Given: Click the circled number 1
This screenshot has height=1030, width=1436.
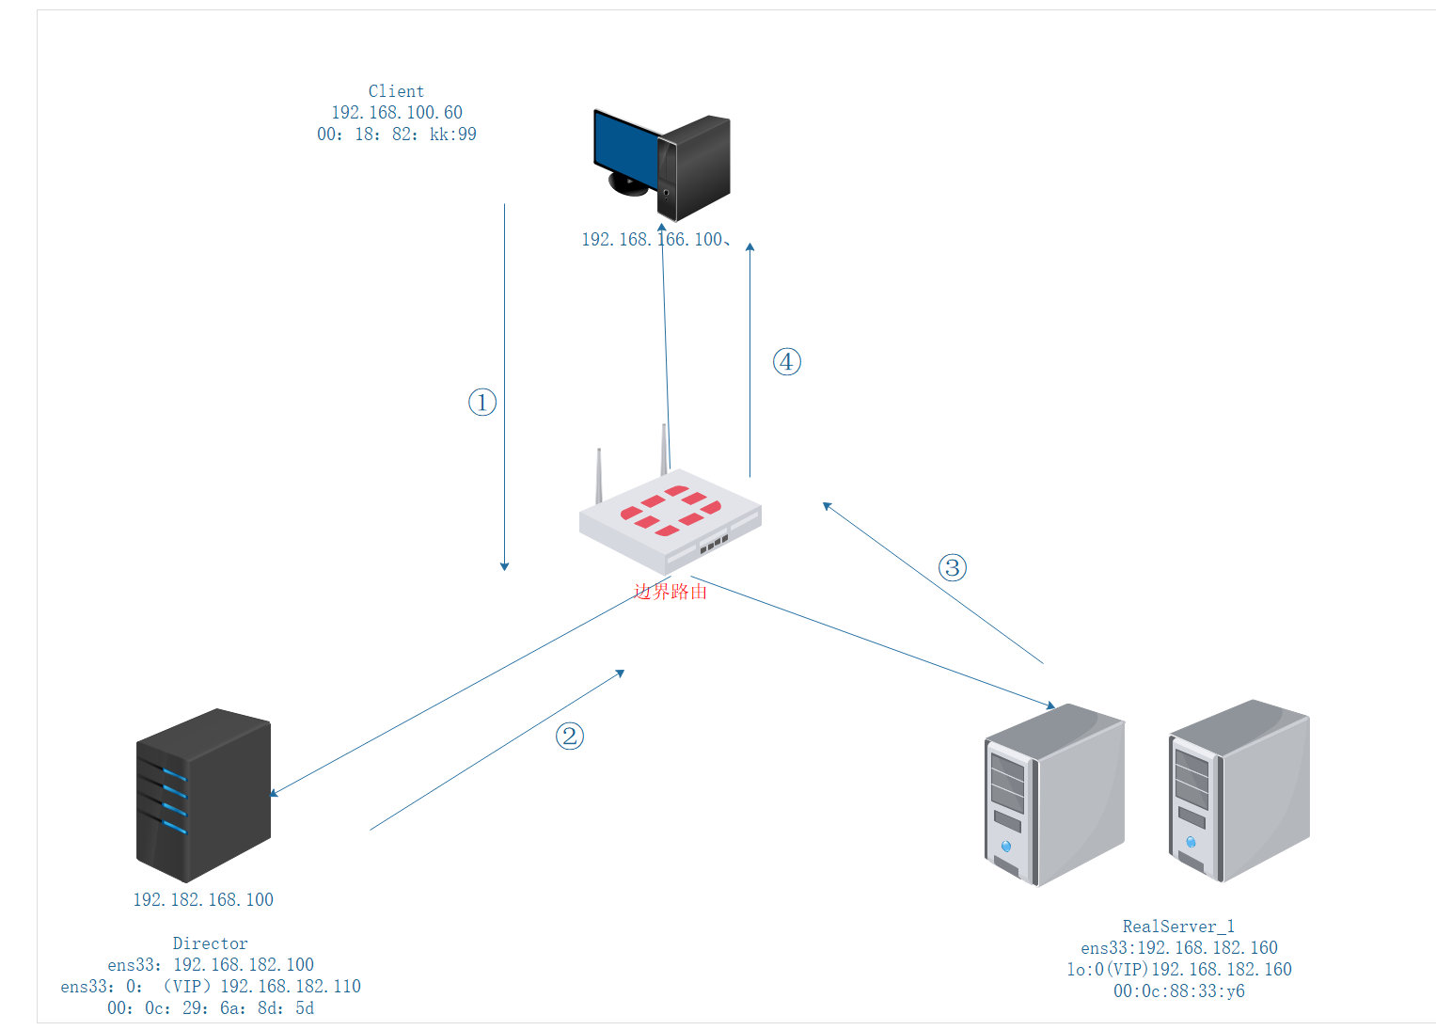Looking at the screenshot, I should pos(482,403).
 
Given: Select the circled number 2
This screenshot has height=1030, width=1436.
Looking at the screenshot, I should pos(570,736).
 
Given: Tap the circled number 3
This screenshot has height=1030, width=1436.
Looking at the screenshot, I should pos(953,567).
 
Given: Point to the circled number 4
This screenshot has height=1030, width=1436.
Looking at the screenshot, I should pos(787,362).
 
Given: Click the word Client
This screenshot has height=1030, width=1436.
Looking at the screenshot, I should pos(396,91).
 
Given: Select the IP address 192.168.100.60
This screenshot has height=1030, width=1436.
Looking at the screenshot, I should pos(396,113).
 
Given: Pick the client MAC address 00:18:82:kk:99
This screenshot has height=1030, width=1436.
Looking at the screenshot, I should pos(396,135).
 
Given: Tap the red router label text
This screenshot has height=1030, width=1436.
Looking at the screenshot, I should pos(670,592).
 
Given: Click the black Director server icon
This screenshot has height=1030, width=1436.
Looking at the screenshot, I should pos(204,795).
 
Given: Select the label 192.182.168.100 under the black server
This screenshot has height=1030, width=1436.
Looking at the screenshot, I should pos(203,900).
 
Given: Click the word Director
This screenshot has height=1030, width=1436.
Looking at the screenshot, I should pos(210,943).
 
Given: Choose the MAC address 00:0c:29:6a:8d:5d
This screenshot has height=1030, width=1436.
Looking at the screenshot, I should pos(210,1008).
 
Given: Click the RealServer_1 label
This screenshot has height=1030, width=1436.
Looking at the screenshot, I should pos(1178,927).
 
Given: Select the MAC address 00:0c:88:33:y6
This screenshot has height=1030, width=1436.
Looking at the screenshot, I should pos(1178,991).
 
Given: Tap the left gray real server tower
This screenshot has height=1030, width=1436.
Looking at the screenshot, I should pos(1054,795).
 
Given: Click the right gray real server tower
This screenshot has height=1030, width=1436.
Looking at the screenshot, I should pos(1239,790).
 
